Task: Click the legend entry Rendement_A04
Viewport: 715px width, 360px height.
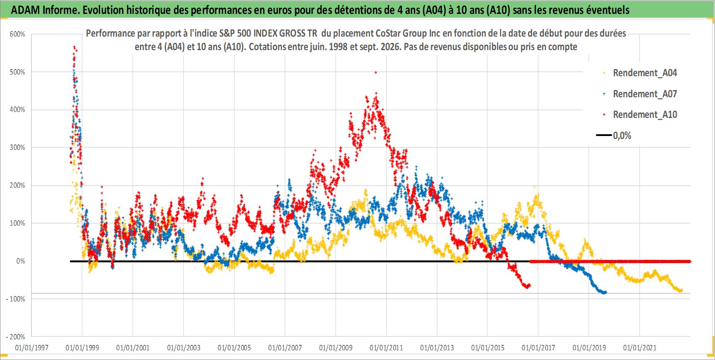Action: [645, 73]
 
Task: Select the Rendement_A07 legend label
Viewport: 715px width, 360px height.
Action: [645, 94]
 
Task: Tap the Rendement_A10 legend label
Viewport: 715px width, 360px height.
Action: [645, 115]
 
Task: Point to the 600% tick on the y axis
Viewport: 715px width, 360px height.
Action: [17, 34]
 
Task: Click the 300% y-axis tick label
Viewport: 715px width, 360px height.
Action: [17, 147]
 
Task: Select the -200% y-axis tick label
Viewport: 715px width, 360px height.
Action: [15, 337]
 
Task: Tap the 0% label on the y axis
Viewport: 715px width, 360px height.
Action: [21, 261]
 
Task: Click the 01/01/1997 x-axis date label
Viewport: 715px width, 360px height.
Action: [32, 347]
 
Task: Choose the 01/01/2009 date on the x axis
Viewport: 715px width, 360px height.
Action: [336, 347]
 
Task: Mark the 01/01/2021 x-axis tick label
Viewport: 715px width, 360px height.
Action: [640, 347]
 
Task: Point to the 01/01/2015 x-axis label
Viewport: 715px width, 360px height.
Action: [488, 347]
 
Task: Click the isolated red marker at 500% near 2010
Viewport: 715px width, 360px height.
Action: [376, 72]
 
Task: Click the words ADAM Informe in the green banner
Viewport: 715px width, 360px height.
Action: [45, 10]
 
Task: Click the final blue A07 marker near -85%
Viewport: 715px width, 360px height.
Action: [605, 292]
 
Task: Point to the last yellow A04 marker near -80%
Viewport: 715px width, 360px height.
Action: [681, 291]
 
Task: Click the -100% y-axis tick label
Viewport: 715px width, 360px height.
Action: [15, 299]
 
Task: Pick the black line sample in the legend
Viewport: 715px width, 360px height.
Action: [604, 135]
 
